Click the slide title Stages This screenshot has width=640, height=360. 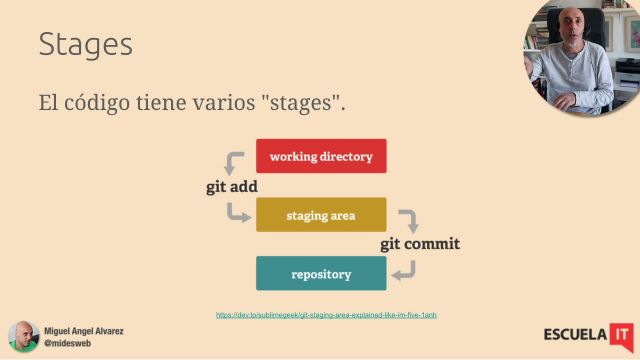click(85, 44)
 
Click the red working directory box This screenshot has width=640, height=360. click(321, 156)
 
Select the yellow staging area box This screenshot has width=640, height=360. click(321, 215)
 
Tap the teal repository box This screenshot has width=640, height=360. click(321, 273)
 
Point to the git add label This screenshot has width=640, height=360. click(232, 186)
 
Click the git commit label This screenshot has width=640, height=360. click(419, 243)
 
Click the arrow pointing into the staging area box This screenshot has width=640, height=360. click(237, 212)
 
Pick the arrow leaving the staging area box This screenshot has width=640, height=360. click(408, 220)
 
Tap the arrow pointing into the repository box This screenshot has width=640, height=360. click(403, 270)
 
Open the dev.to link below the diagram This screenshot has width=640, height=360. click(326, 315)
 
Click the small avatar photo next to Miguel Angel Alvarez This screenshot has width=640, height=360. click(23, 336)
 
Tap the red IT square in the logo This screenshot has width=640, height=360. click(621, 333)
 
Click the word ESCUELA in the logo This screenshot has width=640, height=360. click(575, 334)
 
